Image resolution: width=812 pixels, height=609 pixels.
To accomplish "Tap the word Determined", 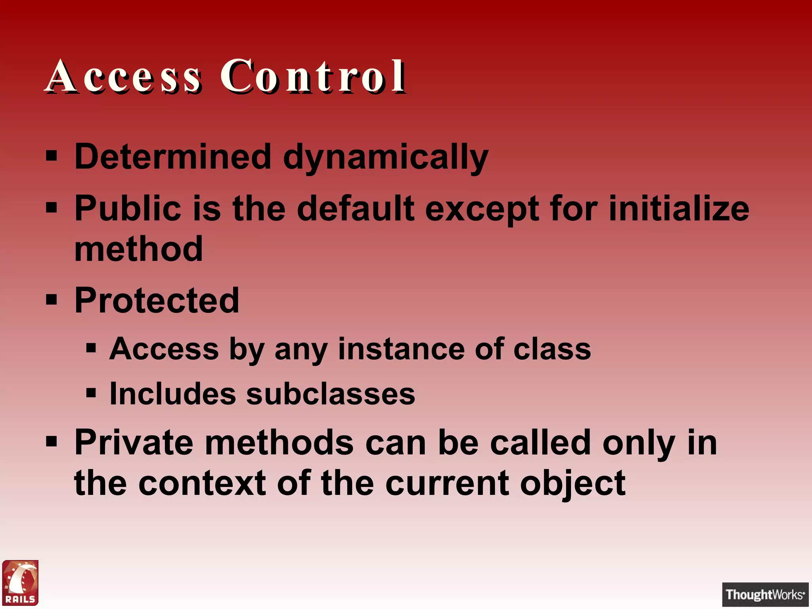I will tap(173, 157).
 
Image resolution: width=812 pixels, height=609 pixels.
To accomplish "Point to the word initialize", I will tap(679, 209).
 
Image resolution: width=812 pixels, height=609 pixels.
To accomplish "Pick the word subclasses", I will tap(331, 394).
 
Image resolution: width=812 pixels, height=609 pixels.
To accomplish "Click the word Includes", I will tap(173, 394).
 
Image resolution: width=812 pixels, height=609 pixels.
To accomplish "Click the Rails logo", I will tap(21, 582).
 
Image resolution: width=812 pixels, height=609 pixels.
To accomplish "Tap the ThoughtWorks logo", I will tap(765, 594).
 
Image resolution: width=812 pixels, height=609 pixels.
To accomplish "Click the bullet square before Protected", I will tap(52, 300).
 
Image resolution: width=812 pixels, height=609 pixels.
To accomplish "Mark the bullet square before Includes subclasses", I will tap(91, 393).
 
